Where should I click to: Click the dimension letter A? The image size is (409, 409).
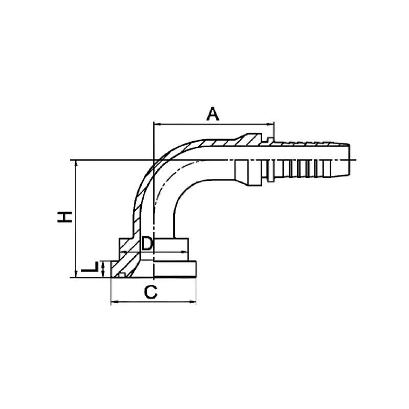pyautogui.click(x=213, y=114)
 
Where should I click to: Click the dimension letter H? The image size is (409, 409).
pyautogui.click(x=65, y=217)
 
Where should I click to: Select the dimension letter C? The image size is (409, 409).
pyautogui.click(x=151, y=292)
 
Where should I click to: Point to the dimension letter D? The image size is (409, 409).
pyautogui.click(x=147, y=244)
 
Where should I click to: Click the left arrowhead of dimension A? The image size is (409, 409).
pyautogui.click(x=156, y=124)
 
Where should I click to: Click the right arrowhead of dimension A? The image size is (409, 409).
pyautogui.click(x=271, y=124)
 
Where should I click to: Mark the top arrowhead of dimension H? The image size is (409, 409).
pyautogui.click(x=76, y=163)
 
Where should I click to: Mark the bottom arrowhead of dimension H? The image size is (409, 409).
pyautogui.click(x=76, y=274)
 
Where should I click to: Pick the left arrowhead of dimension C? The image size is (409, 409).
pyautogui.click(x=114, y=302)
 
